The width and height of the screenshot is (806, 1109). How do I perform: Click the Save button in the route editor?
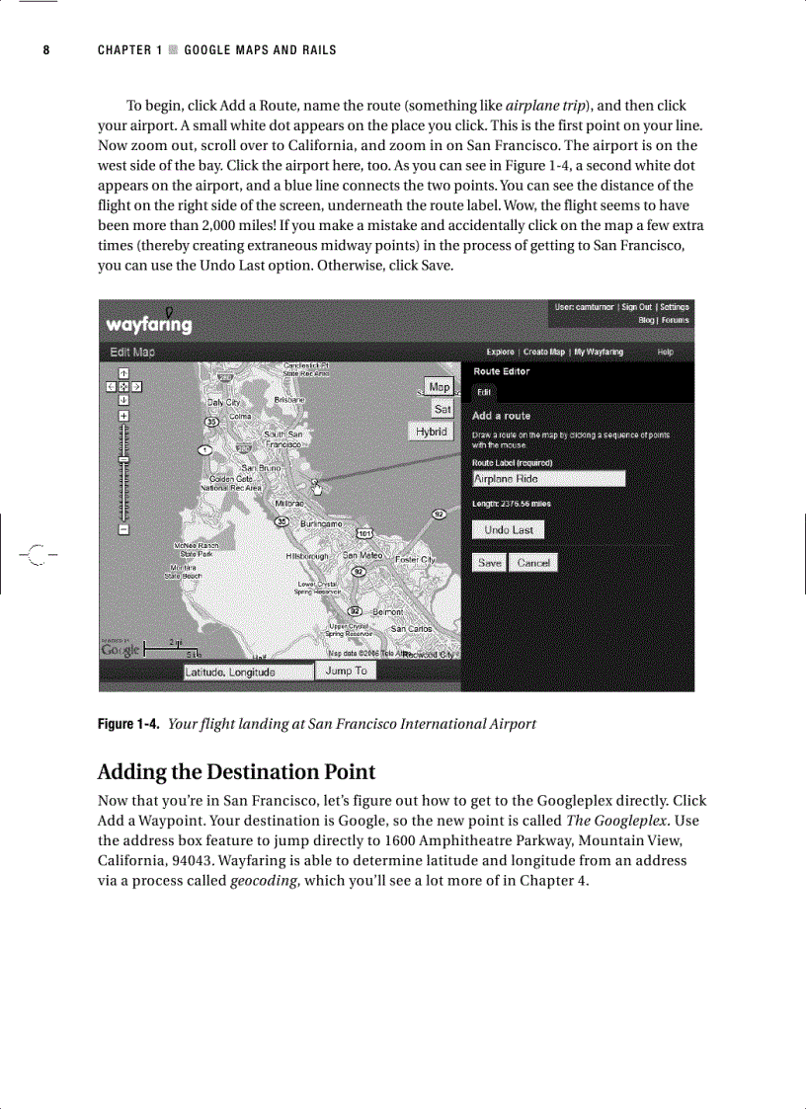(490, 562)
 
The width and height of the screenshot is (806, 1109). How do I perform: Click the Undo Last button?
(508, 530)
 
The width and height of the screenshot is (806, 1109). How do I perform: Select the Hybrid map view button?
(431, 432)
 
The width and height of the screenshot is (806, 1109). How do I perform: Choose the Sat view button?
(442, 409)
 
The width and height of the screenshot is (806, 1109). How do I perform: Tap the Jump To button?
(346, 672)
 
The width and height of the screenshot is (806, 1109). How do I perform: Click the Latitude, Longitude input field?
(246, 673)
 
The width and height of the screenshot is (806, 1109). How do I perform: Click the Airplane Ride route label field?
(548, 479)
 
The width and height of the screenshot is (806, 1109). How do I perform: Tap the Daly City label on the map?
(223, 403)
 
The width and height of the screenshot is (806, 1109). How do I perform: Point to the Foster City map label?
(415, 560)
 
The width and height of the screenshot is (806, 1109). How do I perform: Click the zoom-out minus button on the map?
(123, 529)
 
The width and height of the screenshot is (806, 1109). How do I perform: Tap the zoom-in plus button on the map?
(123, 416)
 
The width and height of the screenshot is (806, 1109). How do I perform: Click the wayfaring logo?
(149, 324)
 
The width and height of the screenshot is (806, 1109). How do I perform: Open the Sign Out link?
(636, 307)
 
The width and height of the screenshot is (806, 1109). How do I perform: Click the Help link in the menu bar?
(665, 352)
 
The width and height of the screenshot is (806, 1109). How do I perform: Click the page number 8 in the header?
(45, 50)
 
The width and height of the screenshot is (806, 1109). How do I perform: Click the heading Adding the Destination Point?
(236, 771)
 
